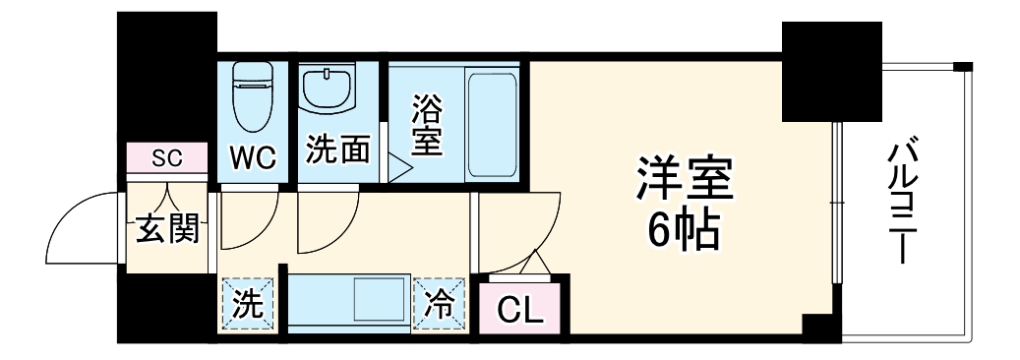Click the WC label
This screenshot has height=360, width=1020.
tap(255, 155)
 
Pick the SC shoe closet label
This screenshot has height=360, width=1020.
tap(166, 156)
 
